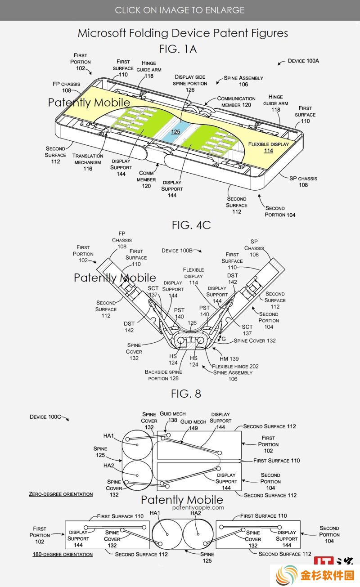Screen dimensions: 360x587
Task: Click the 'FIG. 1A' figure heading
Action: pyautogui.click(x=178, y=49)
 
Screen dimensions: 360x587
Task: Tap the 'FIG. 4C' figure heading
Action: pyautogui.click(x=191, y=225)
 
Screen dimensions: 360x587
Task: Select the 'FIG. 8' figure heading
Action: pyautogui.click(x=186, y=394)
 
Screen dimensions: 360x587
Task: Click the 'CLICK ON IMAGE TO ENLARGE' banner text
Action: pyautogui.click(x=180, y=10)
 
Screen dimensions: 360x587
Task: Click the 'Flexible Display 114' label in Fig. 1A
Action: pyautogui.click(x=269, y=147)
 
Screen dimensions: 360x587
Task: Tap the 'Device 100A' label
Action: pyautogui.click(x=303, y=61)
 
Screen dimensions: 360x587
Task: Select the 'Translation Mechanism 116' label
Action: pyautogui.click(x=88, y=162)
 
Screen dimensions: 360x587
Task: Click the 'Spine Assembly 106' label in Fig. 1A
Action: pyautogui.click(x=243, y=81)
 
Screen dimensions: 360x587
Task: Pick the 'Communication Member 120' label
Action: pyautogui.click(x=236, y=102)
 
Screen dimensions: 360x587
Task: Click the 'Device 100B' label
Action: pyautogui.click(x=177, y=251)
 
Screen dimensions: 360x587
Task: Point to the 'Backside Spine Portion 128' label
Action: pyautogui.click(x=163, y=375)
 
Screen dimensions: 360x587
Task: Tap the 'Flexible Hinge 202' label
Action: pyautogui.click(x=235, y=366)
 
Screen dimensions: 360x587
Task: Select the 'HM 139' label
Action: pyautogui.click(x=229, y=358)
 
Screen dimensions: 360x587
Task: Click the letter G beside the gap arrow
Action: pyautogui.click(x=223, y=339)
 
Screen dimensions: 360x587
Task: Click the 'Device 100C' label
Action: pyautogui.click(x=45, y=417)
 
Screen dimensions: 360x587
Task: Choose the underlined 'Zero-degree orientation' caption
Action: pyautogui.click(x=61, y=494)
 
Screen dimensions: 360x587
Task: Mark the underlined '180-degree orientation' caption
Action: pyautogui.click(x=63, y=554)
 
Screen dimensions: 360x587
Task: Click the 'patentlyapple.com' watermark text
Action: pyautogui.click(x=198, y=507)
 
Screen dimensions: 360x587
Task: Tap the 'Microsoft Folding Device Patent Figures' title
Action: pyautogui.click(x=183, y=33)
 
